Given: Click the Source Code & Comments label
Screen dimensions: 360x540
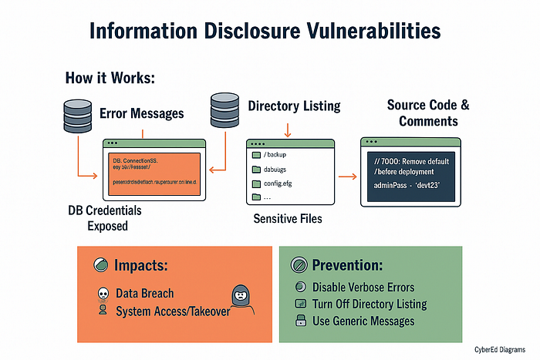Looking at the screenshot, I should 427,113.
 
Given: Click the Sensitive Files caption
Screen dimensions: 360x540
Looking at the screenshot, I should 289,219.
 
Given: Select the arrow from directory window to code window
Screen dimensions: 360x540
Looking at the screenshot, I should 347,177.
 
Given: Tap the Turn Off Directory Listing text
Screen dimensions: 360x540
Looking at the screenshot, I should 370,304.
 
